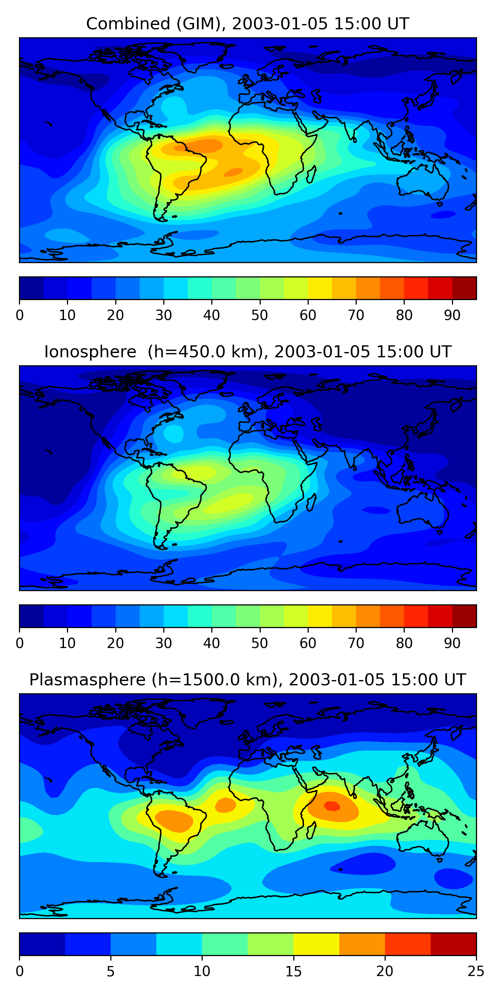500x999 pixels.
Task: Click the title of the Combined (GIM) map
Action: [x=247, y=24]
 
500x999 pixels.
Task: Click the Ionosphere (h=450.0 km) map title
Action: [x=247, y=352]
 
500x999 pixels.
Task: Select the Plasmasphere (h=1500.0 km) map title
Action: [x=247, y=680]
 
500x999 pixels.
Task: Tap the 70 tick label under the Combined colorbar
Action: [x=356, y=315]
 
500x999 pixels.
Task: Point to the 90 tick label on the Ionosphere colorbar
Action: [x=452, y=643]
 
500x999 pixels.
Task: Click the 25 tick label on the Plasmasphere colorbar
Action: [x=476, y=971]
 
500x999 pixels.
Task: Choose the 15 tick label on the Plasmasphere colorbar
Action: [x=293, y=971]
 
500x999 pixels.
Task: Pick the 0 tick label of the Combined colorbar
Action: [x=20, y=315]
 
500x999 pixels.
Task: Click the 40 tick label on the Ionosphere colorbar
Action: [x=212, y=643]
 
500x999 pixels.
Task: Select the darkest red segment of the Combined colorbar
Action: [x=464, y=288]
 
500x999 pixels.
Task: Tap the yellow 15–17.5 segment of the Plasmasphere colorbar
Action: [x=316, y=944]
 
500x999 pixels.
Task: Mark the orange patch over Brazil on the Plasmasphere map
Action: [x=174, y=821]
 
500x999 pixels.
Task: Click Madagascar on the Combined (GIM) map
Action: [x=311, y=174]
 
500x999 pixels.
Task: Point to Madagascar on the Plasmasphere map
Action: [x=311, y=830]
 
